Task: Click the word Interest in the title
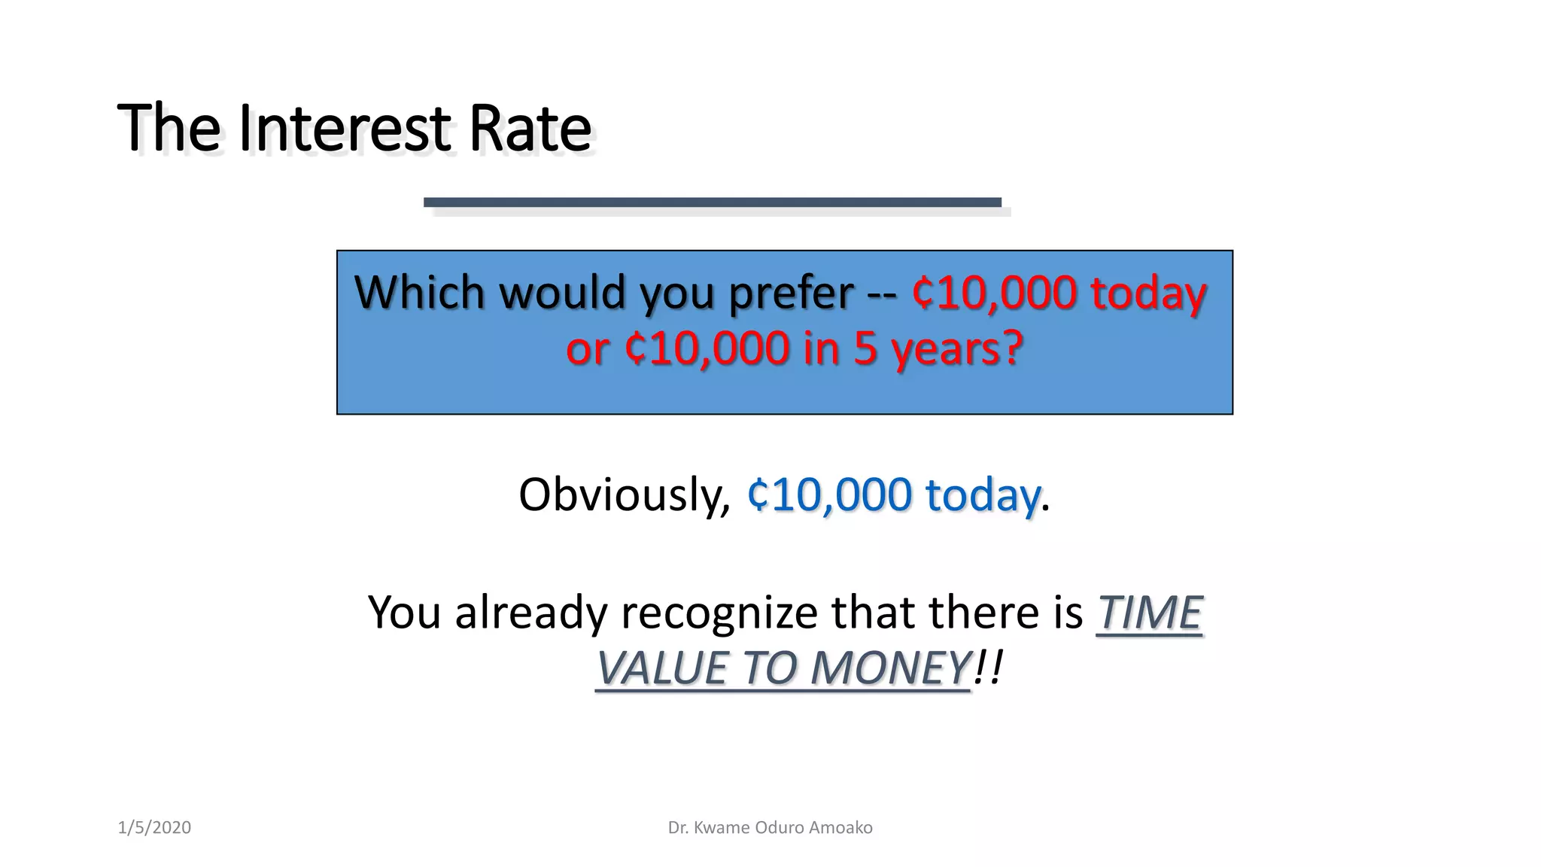345,128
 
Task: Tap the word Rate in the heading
530,128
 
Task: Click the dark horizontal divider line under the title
712,202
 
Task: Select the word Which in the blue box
420,292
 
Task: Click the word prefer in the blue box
791,294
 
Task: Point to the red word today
1148,294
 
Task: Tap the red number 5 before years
865,349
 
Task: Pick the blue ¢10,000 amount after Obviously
829,495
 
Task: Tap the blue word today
983,496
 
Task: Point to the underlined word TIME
1149,612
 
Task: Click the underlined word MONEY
890,668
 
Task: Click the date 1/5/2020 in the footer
154,828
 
